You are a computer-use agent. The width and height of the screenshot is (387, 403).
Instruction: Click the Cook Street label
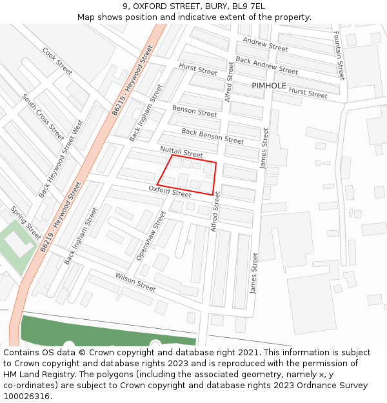pos(57,61)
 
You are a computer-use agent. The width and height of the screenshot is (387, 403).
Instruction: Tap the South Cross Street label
pos(43,117)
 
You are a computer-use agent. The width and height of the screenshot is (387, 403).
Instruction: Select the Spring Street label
pos(26,222)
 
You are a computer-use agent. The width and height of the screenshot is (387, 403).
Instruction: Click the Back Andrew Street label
pos(266,65)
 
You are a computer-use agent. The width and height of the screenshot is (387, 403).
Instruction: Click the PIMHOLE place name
pos(269,86)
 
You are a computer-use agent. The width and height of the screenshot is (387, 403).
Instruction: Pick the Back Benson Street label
pos(212,136)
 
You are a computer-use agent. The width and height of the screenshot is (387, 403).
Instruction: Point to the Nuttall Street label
pos(181,152)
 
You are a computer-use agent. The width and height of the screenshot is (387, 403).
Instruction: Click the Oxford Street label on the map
pos(170,191)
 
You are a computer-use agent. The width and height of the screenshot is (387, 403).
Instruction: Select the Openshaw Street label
pos(151,235)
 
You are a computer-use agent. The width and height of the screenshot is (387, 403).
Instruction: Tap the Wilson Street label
pos(135,282)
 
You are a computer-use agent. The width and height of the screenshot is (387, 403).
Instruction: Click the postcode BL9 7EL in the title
pos(248,6)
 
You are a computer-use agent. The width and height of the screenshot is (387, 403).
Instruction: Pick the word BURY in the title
pos(216,6)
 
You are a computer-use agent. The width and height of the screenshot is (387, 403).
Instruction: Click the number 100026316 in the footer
pos(26,396)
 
